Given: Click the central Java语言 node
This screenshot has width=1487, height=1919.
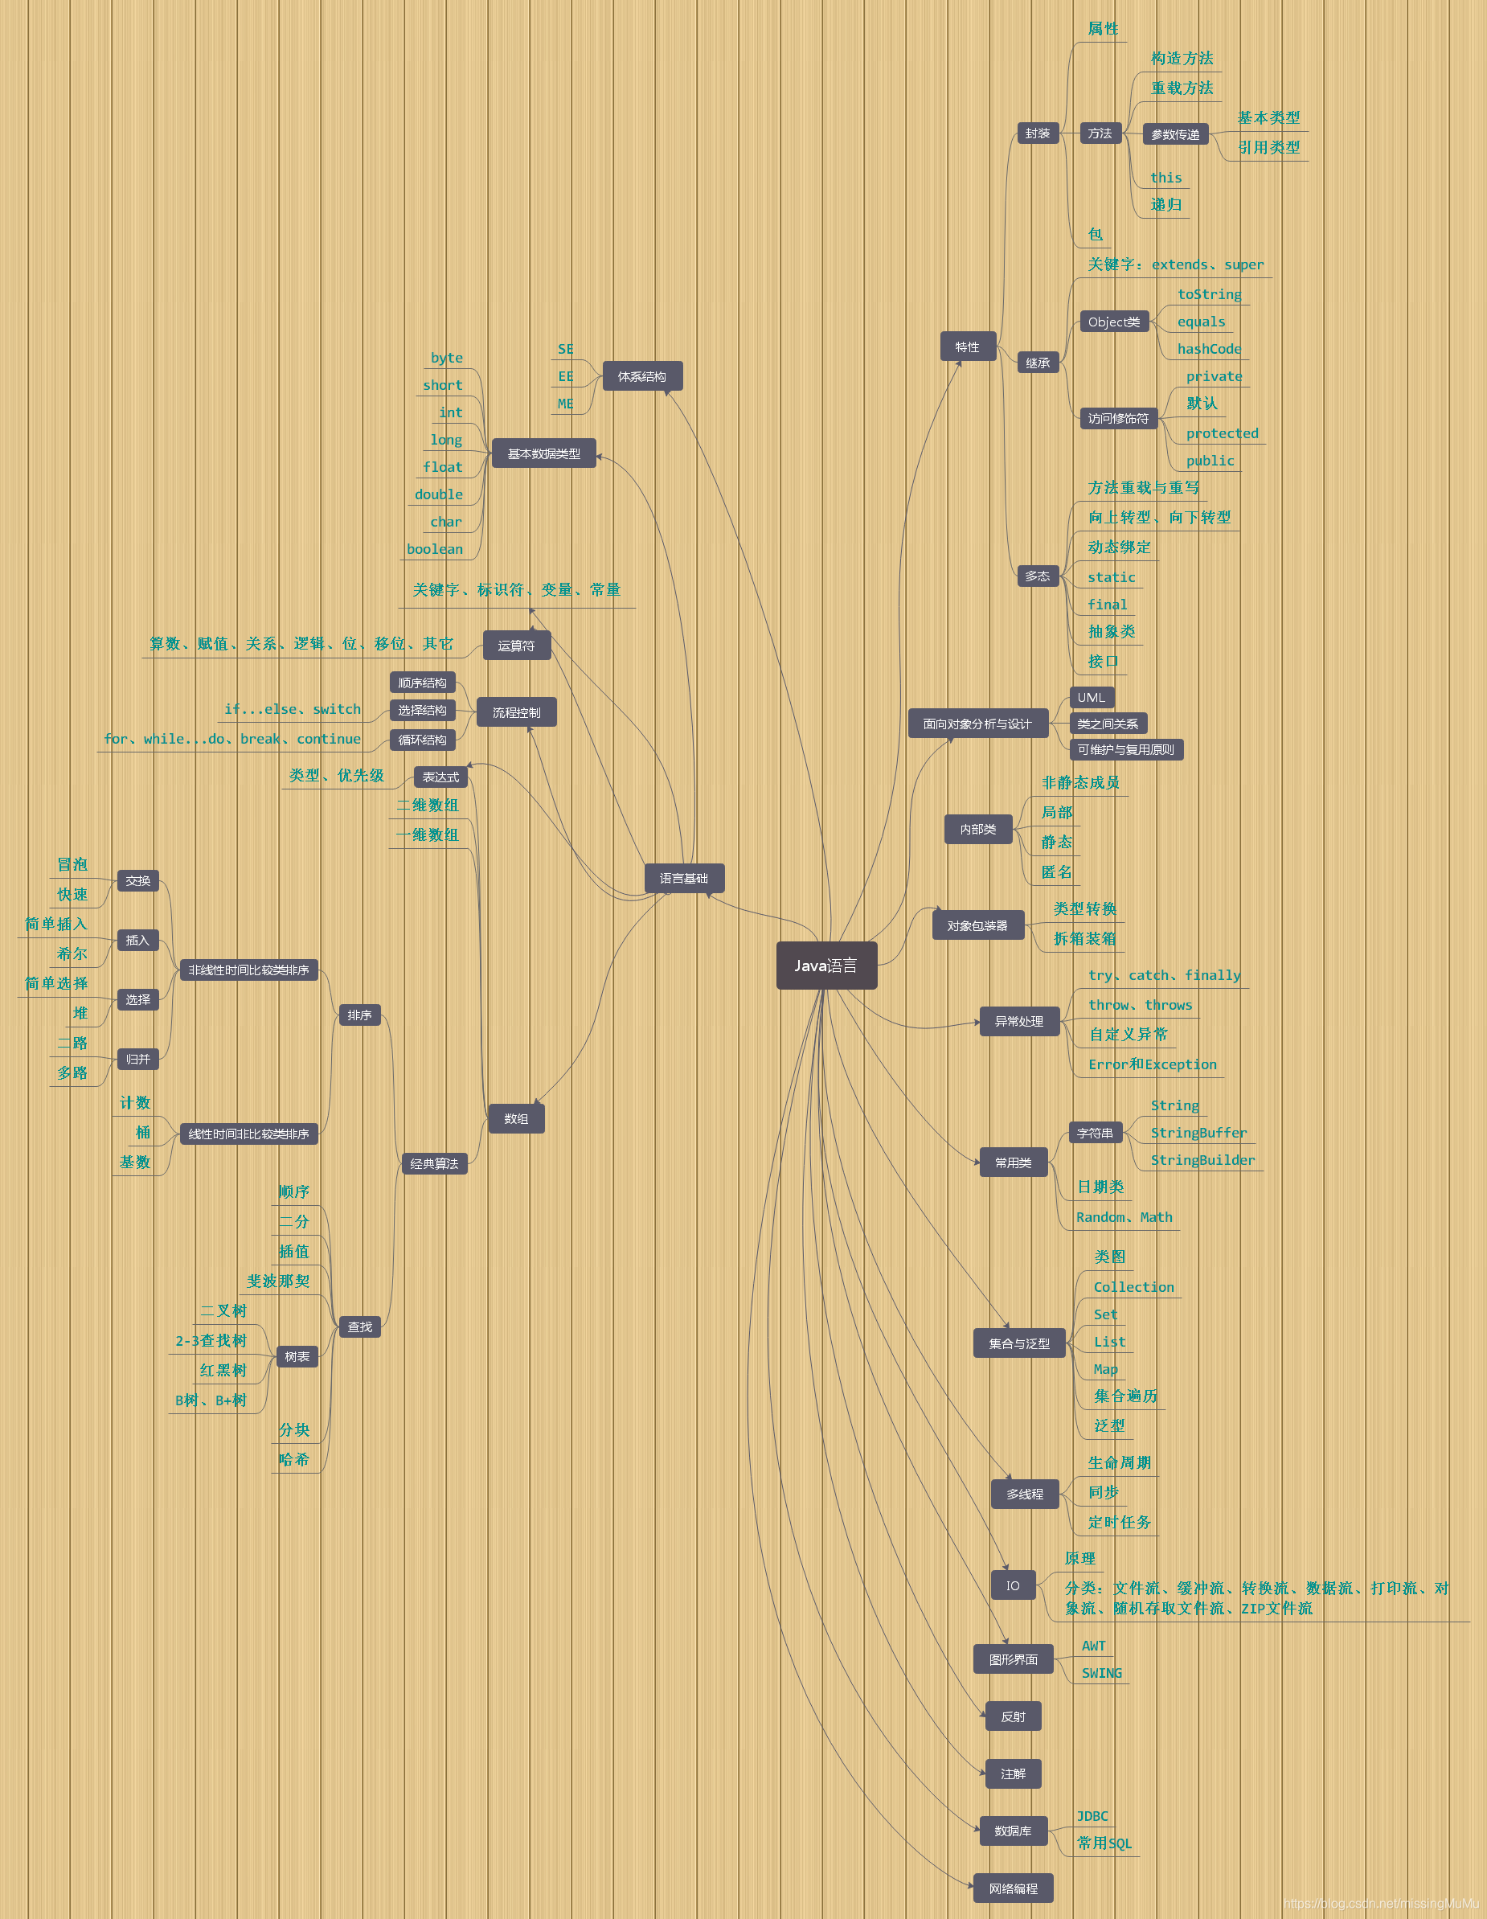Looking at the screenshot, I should pos(825,966).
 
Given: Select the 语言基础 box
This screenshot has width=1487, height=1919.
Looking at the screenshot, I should pos(683,879).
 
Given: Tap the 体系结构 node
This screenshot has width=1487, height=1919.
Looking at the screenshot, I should pos(641,376).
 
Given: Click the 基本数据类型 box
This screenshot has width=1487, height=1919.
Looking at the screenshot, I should pos(543,453).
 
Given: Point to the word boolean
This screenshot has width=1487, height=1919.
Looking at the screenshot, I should pos(435,549).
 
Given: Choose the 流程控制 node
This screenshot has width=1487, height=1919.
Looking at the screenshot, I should pos(517,712).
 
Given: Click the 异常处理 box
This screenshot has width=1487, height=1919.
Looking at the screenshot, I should pos(1019,1021).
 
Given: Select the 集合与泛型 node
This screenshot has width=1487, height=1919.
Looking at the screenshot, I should pos(1019,1343).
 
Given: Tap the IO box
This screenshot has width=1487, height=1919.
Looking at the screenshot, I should pos(1013,1586).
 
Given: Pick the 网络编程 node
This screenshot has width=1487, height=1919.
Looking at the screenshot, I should pos(1013,1888).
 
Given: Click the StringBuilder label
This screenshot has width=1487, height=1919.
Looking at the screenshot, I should pos(1202,1160).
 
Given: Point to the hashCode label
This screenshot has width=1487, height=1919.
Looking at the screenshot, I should pos(1209,349).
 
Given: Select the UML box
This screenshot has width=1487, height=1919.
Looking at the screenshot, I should pos(1091,698).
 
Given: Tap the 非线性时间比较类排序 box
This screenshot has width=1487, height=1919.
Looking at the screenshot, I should pos(248,970).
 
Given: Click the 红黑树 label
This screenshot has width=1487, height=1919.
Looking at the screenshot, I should pos(223,1371).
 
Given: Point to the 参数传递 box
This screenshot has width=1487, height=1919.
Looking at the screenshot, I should pos(1175,134).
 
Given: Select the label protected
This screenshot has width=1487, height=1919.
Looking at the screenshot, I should pos(1222,433).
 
